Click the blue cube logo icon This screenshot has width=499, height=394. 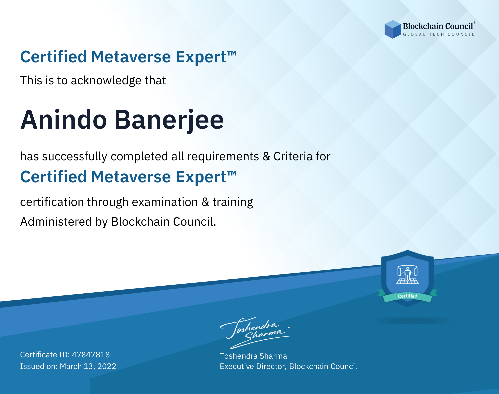click(392, 29)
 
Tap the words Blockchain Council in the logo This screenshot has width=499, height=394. click(438, 26)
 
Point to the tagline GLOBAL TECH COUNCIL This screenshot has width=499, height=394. click(438, 34)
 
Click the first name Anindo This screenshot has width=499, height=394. click(64, 120)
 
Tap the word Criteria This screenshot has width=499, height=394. click(293, 156)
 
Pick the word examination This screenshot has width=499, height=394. click(165, 202)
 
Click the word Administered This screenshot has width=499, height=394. click(56, 221)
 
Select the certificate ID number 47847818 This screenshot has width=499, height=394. click(91, 354)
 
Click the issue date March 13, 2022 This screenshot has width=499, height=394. click(88, 366)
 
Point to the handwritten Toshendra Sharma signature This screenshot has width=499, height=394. click(256, 332)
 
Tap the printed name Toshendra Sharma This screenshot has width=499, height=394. click(253, 356)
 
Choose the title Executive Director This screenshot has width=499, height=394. click(252, 366)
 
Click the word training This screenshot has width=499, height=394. click(233, 202)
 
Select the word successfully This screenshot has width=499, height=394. click(75, 157)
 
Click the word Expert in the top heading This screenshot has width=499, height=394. click(201, 57)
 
